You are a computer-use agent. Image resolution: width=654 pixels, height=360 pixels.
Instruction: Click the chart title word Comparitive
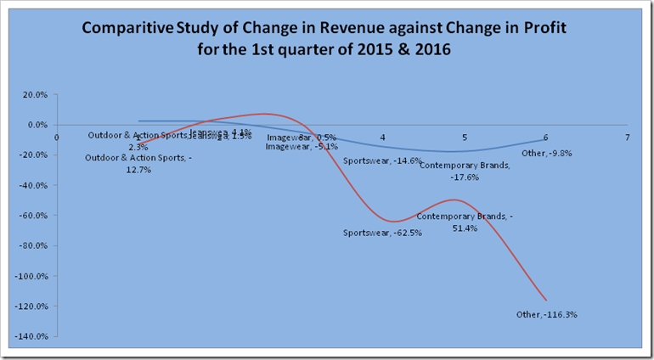pyautogui.click(x=124, y=29)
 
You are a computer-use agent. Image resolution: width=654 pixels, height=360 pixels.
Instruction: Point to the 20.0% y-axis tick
pyautogui.click(x=35, y=94)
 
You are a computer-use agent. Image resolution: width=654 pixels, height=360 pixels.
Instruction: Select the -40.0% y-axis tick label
pyautogui.click(x=33, y=185)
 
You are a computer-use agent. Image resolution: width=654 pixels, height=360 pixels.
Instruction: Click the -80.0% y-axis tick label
pyautogui.click(x=33, y=245)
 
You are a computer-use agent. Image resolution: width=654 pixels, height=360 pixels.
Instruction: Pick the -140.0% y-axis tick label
pyautogui.click(x=31, y=336)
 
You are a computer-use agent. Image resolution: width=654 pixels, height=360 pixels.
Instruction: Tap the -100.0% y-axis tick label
pyautogui.click(x=31, y=276)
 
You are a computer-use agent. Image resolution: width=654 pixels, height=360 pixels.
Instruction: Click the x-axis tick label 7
pyautogui.click(x=627, y=137)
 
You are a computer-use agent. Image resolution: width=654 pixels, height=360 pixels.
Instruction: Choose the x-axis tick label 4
pyautogui.click(x=383, y=137)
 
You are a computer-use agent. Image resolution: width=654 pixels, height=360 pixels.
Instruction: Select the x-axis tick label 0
pyautogui.click(x=57, y=137)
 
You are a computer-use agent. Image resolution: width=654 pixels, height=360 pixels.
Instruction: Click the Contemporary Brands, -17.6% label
pyautogui.click(x=465, y=171)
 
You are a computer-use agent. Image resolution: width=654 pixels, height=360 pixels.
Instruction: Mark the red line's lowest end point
pyautogui.click(x=545, y=300)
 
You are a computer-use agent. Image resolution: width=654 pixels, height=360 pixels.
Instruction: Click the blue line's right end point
pyautogui.click(x=545, y=139)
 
